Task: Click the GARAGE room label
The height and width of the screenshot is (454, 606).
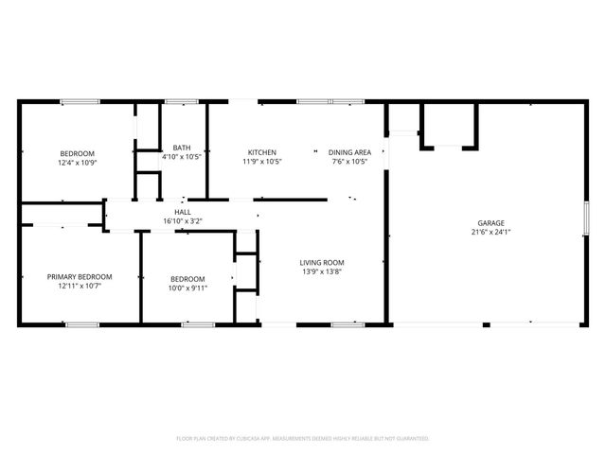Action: (491, 222)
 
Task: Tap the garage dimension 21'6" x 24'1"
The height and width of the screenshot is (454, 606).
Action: (491, 232)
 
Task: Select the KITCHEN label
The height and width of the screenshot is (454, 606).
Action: (262, 152)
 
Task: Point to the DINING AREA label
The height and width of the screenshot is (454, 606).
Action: (348, 152)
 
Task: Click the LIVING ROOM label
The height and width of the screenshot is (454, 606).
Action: (322, 263)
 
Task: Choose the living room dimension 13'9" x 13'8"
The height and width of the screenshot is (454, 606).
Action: (322, 272)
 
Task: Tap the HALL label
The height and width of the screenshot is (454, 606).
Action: (182, 212)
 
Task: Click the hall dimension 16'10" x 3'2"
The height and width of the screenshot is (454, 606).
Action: (182, 221)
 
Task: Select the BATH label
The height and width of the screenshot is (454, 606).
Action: (182, 148)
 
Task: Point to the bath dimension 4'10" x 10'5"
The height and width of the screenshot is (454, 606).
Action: (182, 157)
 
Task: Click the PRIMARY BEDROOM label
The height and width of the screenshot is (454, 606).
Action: (80, 276)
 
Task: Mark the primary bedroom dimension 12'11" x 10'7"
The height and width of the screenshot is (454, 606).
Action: (80, 286)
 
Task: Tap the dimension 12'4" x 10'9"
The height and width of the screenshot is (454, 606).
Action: (78, 163)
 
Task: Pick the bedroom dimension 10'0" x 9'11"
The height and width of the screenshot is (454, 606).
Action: (187, 288)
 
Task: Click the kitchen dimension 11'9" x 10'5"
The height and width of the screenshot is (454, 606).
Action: (262, 162)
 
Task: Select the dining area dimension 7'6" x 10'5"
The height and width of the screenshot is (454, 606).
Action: (348, 162)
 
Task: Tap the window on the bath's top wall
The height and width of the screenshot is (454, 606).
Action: (181, 101)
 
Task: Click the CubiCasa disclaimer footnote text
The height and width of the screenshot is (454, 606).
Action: (303, 439)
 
